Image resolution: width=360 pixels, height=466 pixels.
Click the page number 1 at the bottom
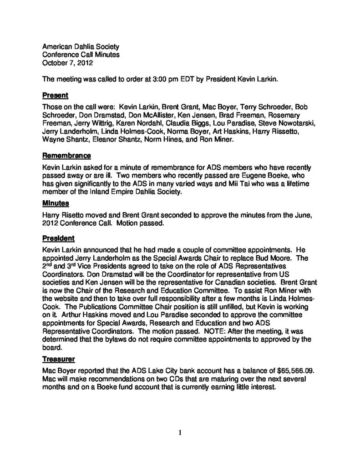[180, 432]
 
